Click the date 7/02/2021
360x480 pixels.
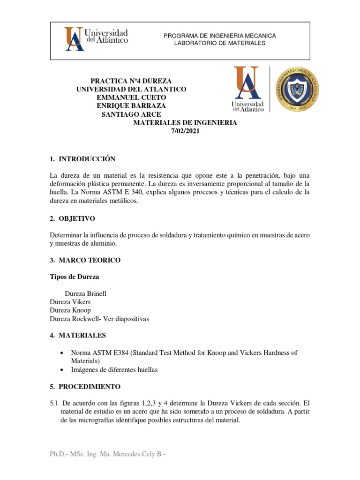click(x=185, y=131)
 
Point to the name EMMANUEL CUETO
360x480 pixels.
click(x=131, y=97)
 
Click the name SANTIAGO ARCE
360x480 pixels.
click(x=131, y=114)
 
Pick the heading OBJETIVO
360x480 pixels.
click(x=77, y=218)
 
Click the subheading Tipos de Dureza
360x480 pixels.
click(x=75, y=277)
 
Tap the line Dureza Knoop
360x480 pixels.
click(x=70, y=310)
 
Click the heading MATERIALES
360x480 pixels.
click(x=82, y=335)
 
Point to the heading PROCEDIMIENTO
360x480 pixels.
click(x=90, y=387)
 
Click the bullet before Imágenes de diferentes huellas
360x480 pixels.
click(x=62, y=370)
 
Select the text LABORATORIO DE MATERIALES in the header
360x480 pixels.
click(x=219, y=43)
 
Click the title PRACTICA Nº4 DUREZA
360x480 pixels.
click(x=131, y=81)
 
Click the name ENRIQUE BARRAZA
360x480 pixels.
click(x=131, y=105)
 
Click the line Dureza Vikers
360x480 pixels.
click(x=70, y=302)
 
